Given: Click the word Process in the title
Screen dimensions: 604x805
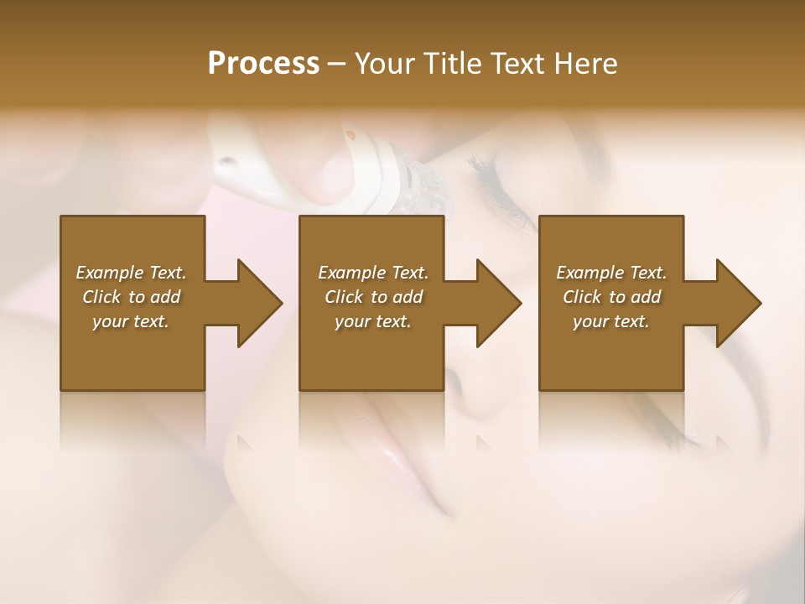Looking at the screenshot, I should (x=263, y=64).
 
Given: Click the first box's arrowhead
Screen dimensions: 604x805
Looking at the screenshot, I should (x=256, y=303).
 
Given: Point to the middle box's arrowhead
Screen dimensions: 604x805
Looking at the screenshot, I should (x=496, y=303).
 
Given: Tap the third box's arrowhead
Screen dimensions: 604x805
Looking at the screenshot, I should (x=735, y=303).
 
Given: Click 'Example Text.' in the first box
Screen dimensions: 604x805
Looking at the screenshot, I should (x=131, y=273).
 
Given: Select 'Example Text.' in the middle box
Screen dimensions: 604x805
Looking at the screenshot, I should (x=372, y=273).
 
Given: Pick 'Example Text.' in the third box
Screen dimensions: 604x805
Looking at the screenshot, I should (x=611, y=273).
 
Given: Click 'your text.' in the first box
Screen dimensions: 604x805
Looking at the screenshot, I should (x=131, y=321).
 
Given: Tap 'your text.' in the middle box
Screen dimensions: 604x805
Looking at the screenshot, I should (x=372, y=321).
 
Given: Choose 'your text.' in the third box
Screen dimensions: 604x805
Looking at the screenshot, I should (x=611, y=321).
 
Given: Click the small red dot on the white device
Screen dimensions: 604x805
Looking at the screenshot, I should (x=351, y=135).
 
